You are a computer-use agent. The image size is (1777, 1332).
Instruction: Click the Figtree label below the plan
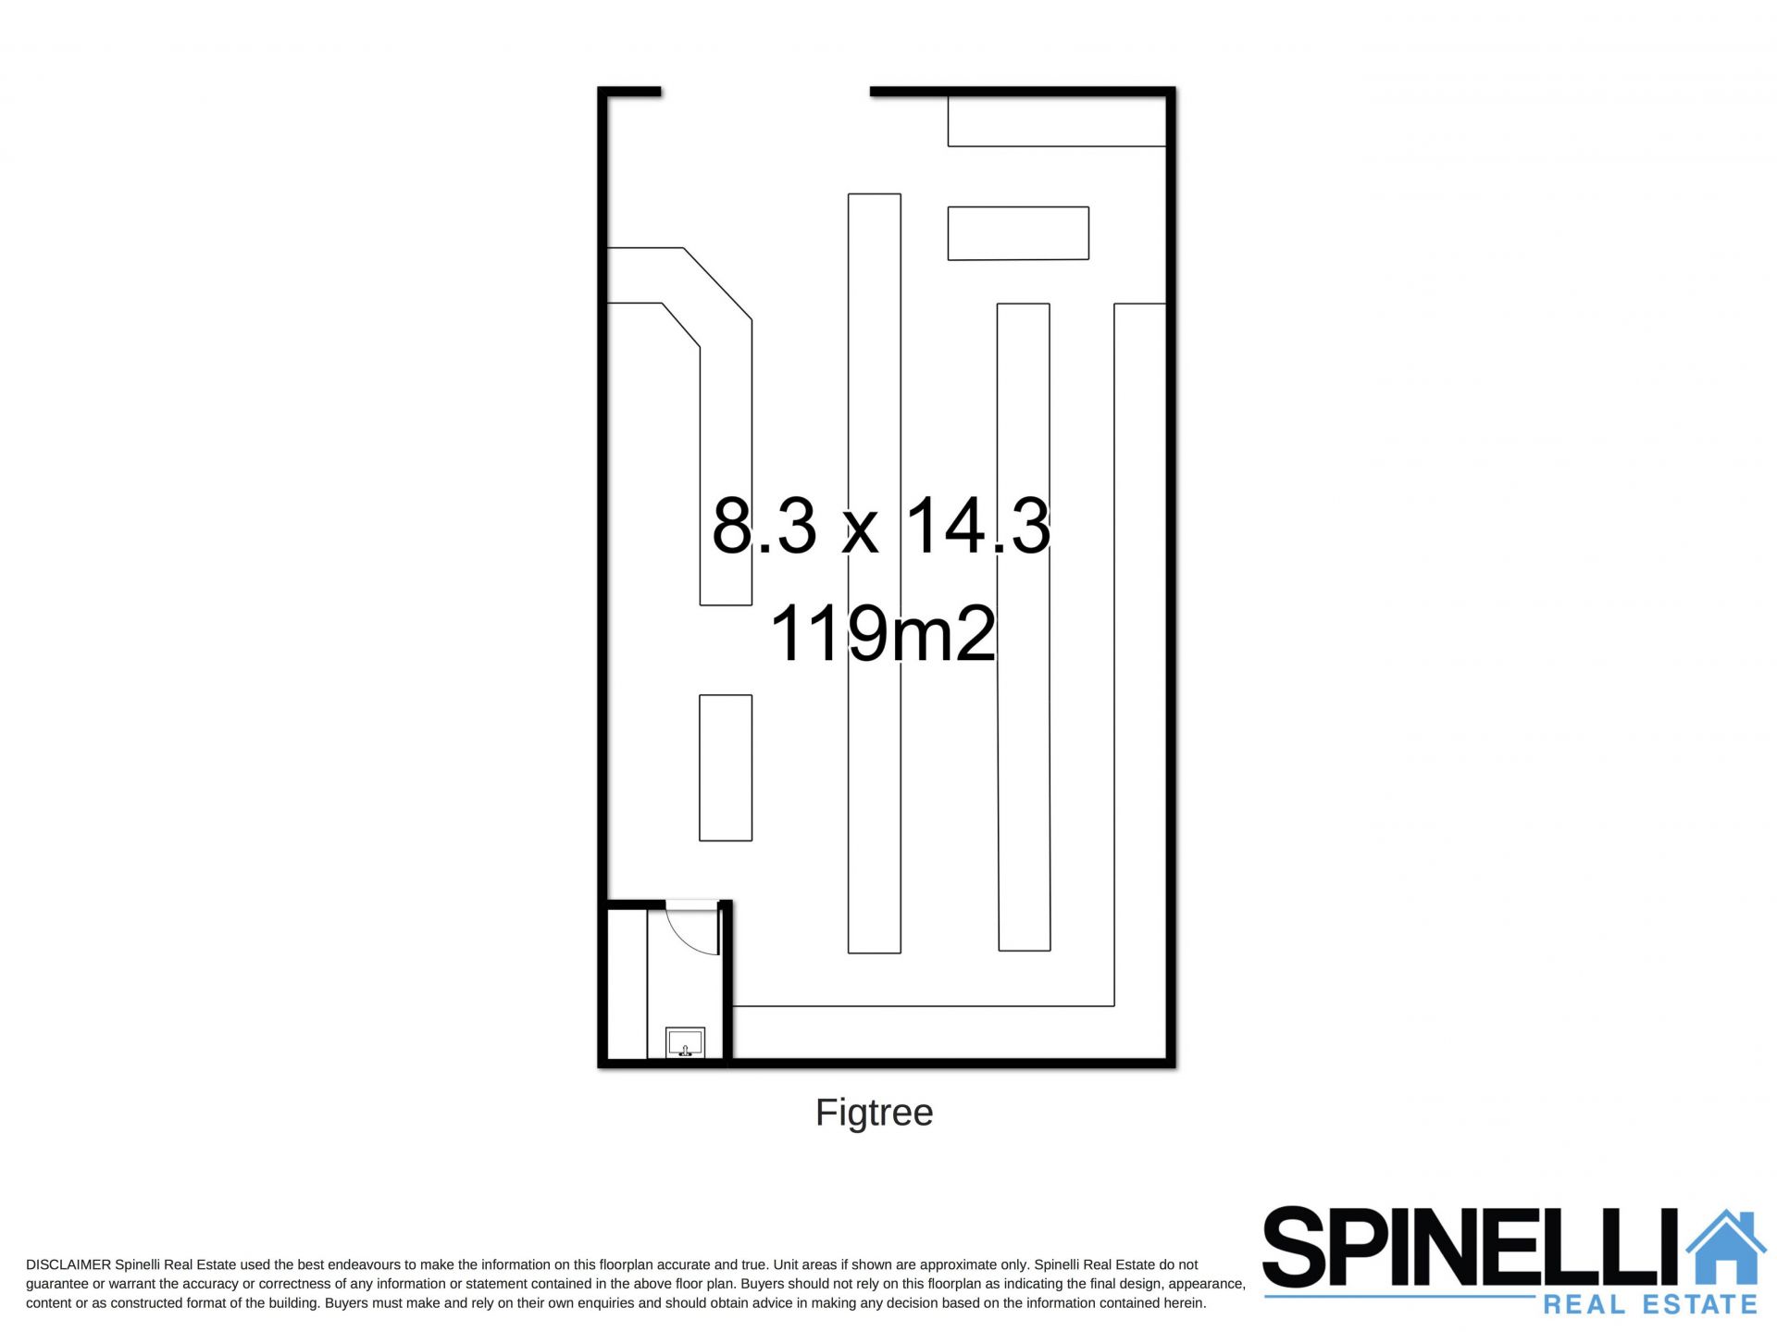pyautogui.click(x=874, y=1114)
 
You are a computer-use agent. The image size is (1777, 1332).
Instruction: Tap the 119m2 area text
pyautogui.click(x=882, y=634)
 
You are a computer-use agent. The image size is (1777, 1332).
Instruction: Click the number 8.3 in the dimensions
pyautogui.click(x=765, y=525)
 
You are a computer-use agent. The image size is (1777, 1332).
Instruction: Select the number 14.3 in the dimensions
pyautogui.click(x=977, y=525)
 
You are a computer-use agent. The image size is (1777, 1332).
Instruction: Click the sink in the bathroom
pyautogui.click(x=685, y=1042)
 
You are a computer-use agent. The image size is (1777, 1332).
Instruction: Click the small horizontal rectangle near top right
pyautogui.click(x=1018, y=233)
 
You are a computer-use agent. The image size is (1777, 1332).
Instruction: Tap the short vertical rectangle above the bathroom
pyautogui.click(x=726, y=767)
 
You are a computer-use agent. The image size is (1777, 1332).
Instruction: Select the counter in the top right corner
pyautogui.click(x=1056, y=120)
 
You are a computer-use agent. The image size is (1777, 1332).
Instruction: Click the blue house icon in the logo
pyautogui.click(x=1726, y=1248)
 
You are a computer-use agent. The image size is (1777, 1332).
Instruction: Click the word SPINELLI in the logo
pyautogui.click(x=1472, y=1247)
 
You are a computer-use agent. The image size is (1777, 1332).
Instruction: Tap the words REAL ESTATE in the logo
pyautogui.click(x=1650, y=1305)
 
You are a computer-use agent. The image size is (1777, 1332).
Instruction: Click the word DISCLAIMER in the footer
pyautogui.click(x=68, y=1264)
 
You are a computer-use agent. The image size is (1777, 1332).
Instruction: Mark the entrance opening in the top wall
pyautogui.click(x=765, y=92)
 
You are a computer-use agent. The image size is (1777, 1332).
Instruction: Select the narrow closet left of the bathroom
pyautogui.click(x=627, y=984)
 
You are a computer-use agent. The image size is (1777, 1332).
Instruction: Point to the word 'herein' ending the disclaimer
pyautogui.click(x=1183, y=1303)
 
